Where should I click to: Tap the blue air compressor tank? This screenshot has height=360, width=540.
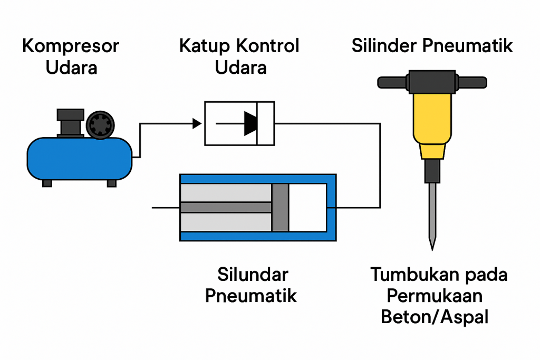[x=79, y=158]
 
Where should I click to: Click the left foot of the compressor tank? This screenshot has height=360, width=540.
[x=47, y=183]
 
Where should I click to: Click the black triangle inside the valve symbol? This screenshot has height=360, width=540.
[x=250, y=123]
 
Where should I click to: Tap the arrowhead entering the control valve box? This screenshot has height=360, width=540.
[x=197, y=123]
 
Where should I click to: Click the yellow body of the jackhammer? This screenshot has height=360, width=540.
[x=432, y=119]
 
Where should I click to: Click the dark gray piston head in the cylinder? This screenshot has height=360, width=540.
[x=280, y=207]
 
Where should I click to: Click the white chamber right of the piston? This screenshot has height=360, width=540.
[x=307, y=207]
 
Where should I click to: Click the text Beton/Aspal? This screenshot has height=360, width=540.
[x=435, y=317]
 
